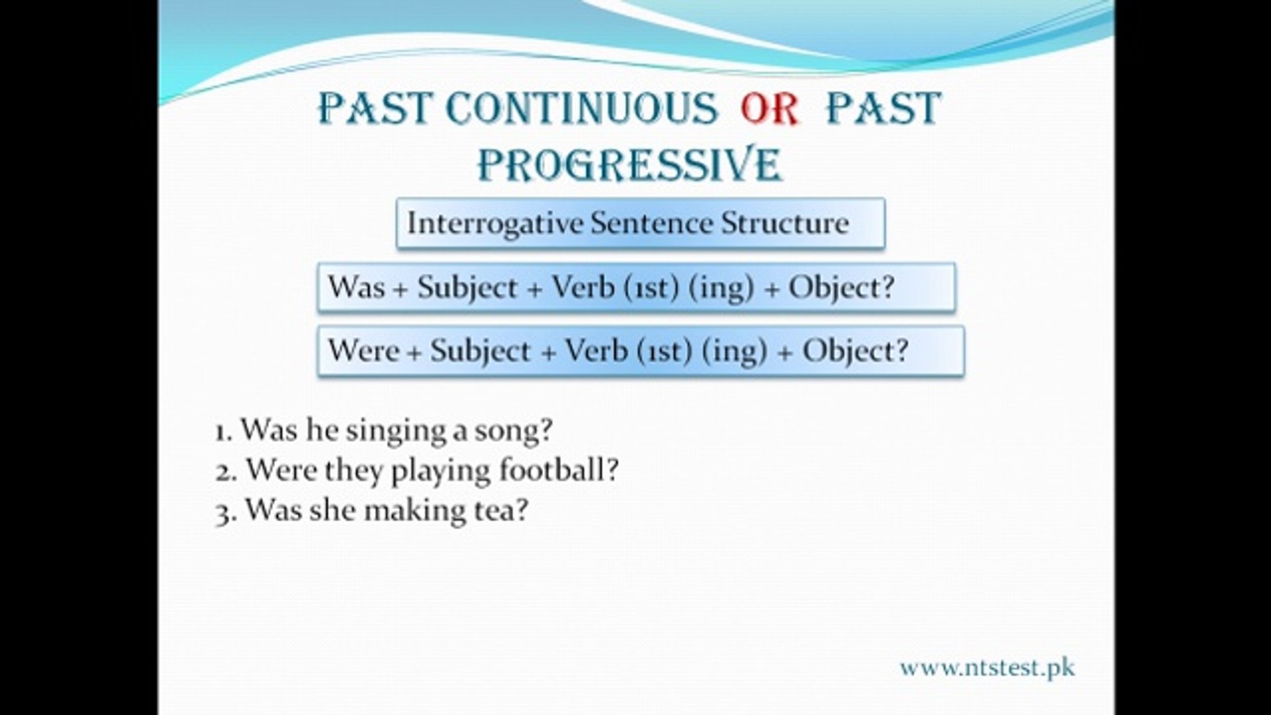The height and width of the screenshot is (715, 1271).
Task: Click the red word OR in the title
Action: pyautogui.click(x=770, y=109)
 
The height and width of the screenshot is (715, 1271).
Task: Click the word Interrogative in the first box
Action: pyautogui.click(x=494, y=223)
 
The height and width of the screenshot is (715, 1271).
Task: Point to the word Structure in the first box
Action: pyautogui.click(x=784, y=223)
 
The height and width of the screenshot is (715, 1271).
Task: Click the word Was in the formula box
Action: pyautogui.click(x=356, y=287)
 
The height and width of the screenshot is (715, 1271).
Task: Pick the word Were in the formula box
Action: pyautogui.click(x=363, y=350)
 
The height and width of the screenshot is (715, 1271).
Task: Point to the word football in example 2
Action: pyautogui.click(x=559, y=470)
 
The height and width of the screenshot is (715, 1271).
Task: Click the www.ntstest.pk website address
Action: pyautogui.click(x=987, y=668)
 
